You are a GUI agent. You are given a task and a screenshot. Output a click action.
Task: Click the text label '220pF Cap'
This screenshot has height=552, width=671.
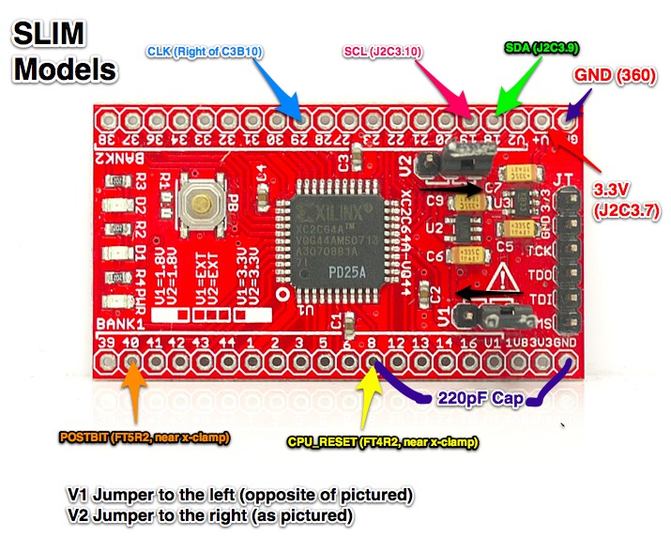[475, 397]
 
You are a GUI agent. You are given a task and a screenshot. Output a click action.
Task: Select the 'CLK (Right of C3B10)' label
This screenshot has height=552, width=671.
[205, 51]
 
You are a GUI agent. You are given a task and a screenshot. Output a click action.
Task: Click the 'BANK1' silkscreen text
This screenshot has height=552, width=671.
[115, 325]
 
